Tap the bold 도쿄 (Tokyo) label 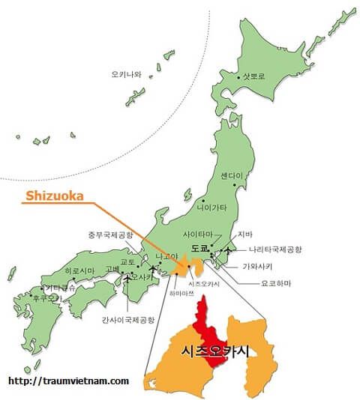[x=199, y=247]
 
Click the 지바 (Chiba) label [x=246, y=234]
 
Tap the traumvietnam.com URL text [x=69, y=381]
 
